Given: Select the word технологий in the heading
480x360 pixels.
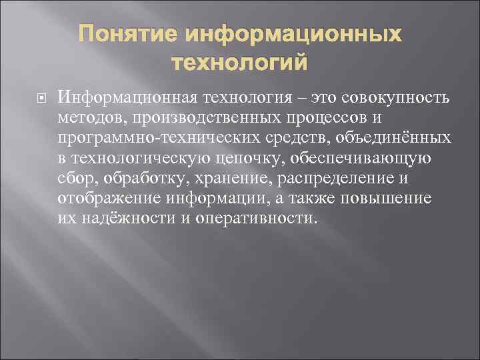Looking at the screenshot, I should [240, 63].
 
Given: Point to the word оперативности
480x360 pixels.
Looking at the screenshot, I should [253, 219].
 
